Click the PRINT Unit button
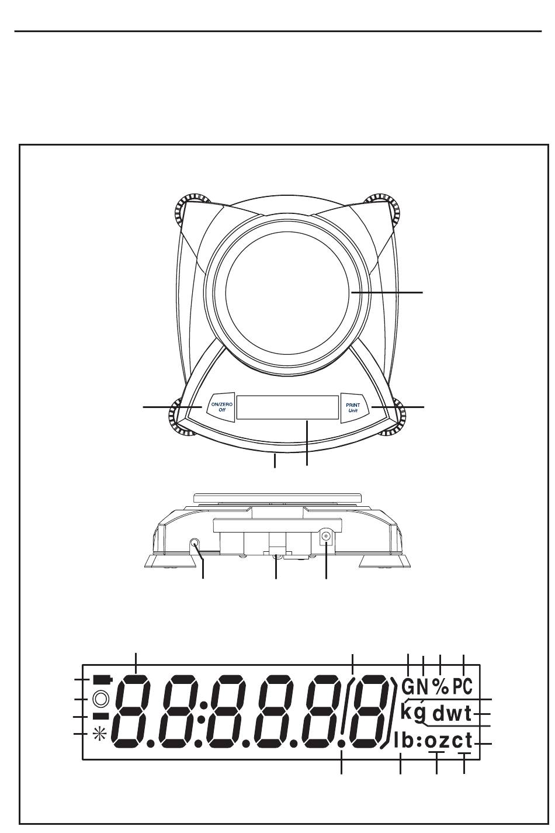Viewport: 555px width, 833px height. (x=353, y=407)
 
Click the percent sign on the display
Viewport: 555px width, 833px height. (x=440, y=686)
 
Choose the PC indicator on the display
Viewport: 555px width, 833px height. (x=463, y=686)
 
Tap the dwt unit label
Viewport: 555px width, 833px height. (x=452, y=713)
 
